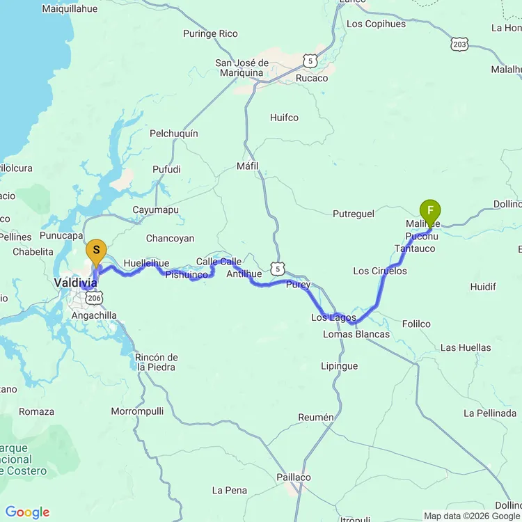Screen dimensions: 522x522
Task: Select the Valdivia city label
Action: pyautogui.click(x=75, y=283)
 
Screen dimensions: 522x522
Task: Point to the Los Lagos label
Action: pyautogui.click(x=333, y=318)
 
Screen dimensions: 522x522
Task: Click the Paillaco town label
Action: pyautogui.click(x=294, y=477)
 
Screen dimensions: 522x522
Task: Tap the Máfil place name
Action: pyautogui.click(x=247, y=166)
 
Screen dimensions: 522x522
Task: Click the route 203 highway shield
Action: pyautogui.click(x=459, y=43)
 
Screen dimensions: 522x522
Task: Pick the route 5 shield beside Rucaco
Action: pyautogui.click(x=310, y=61)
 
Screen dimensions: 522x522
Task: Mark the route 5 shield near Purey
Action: pyautogui.click(x=278, y=268)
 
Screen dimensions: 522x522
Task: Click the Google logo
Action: pyautogui.click(x=27, y=513)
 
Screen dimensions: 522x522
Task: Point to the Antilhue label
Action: pyautogui.click(x=244, y=274)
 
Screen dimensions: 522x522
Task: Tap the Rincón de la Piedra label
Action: pyautogui.click(x=157, y=362)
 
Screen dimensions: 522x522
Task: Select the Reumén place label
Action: pyautogui.click(x=316, y=417)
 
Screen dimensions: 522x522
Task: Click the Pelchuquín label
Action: pyautogui.click(x=174, y=133)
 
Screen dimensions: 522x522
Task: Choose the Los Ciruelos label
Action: pyautogui.click(x=380, y=271)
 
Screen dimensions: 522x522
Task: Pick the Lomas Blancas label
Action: pyautogui.click(x=356, y=334)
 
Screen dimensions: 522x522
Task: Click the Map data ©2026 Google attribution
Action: pyautogui.click(x=472, y=516)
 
